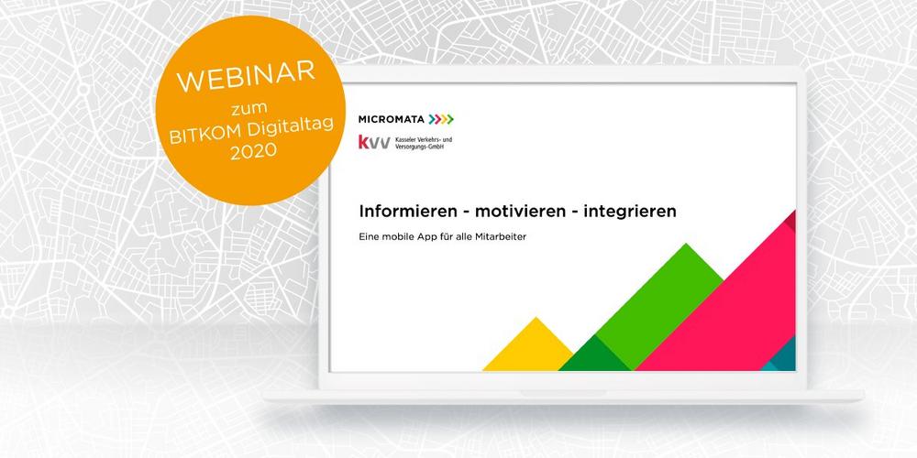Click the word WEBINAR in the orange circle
246,76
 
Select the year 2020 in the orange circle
253,151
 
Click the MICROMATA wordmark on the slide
392,119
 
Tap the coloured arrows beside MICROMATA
441,119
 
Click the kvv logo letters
374,141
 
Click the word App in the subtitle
430,238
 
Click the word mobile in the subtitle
399,237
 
